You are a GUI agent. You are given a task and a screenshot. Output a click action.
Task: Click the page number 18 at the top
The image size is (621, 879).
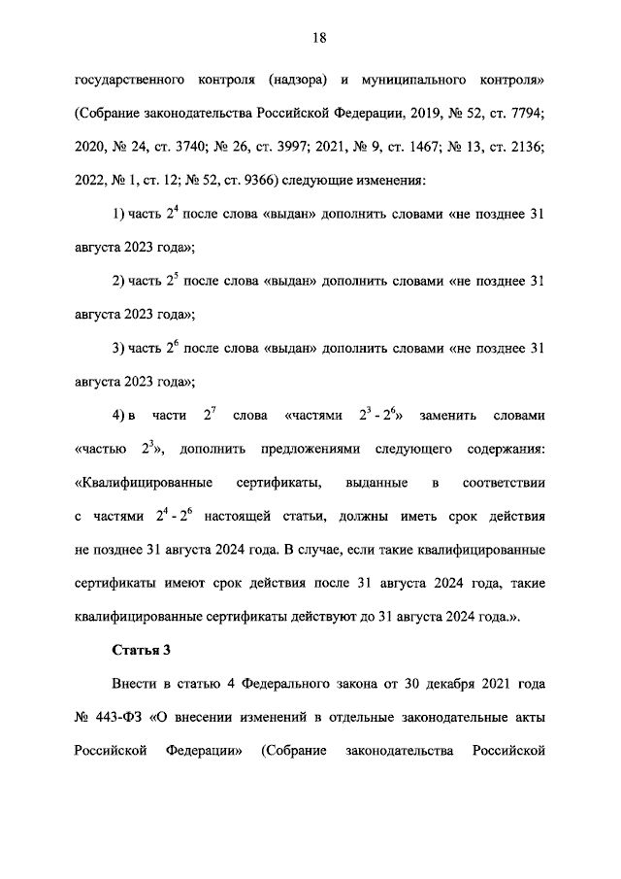pos(318,38)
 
